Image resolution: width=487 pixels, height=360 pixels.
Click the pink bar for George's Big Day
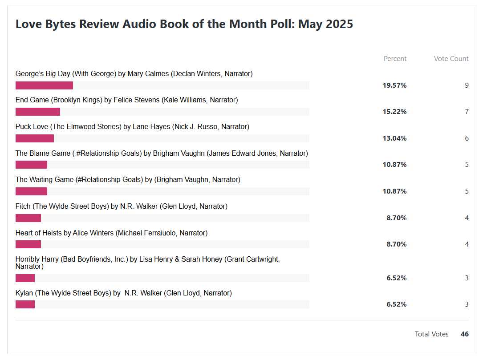[x=44, y=85]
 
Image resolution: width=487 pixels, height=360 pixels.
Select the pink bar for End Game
[x=38, y=112]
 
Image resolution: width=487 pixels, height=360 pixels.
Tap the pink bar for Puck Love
[x=35, y=138]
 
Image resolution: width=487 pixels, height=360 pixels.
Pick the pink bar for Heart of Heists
[x=28, y=244]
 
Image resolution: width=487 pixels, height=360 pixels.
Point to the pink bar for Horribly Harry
[x=25, y=278]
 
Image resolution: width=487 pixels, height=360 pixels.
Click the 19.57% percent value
[x=394, y=85]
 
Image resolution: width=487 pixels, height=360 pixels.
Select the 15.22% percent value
[x=394, y=112]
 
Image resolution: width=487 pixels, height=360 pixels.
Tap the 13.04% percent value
[x=394, y=138]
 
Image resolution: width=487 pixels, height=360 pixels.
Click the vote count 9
[x=467, y=85]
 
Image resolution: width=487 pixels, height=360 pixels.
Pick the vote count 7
[x=467, y=112]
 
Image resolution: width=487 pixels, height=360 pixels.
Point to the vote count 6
[x=467, y=138]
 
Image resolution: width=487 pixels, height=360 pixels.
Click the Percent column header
[x=395, y=59]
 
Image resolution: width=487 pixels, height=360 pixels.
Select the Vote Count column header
[x=451, y=59]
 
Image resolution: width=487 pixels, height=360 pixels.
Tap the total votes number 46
[x=464, y=334]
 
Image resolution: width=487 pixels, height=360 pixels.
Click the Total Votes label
[x=431, y=334]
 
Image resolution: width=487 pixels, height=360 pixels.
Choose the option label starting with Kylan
[x=124, y=293]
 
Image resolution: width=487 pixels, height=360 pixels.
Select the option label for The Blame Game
[x=162, y=154]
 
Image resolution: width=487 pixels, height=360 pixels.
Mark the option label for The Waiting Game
[x=128, y=180]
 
